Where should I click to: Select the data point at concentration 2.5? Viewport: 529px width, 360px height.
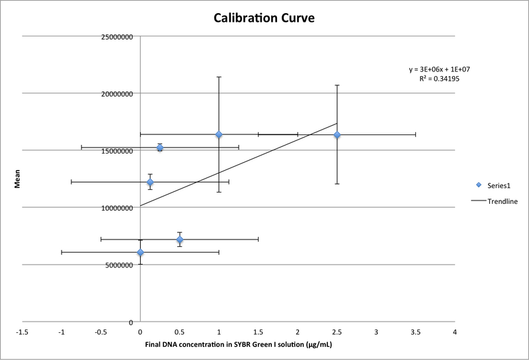[337, 135]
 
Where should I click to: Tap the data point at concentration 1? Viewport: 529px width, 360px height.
[219, 135]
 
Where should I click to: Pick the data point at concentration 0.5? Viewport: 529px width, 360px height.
[180, 240]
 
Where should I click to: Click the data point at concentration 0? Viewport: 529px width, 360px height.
[140, 252]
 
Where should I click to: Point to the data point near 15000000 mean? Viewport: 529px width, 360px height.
[160, 148]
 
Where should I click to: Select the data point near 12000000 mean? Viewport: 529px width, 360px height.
[150, 182]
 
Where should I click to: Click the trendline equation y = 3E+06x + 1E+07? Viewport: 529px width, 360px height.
[439, 69]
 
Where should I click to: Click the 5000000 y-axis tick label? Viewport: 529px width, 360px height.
[118, 265]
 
